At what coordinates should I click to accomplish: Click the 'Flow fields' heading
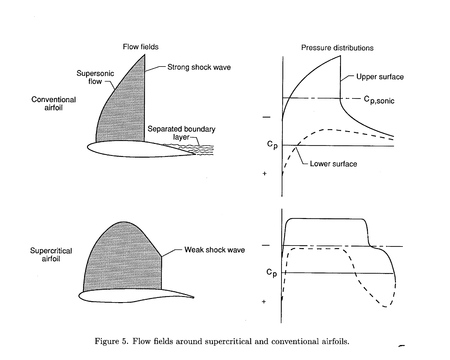(x=140, y=47)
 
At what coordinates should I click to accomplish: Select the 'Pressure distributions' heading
(x=337, y=48)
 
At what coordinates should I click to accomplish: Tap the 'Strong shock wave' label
(x=199, y=67)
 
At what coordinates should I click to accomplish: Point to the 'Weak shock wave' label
(x=214, y=250)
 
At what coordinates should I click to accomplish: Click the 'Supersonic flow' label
(x=95, y=77)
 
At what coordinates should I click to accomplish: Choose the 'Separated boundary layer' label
(x=181, y=133)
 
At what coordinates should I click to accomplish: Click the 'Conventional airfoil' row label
(x=53, y=104)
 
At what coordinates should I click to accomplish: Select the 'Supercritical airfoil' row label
(x=51, y=255)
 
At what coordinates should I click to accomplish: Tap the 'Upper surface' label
(x=380, y=77)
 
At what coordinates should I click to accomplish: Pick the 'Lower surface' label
(x=333, y=164)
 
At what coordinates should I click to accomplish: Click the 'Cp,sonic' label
(x=379, y=100)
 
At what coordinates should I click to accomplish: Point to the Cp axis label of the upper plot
(x=272, y=145)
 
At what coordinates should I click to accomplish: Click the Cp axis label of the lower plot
(x=272, y=273)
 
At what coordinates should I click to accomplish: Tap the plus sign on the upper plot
(x=264, y=174)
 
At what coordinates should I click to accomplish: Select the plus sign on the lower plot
(x=264, y=301)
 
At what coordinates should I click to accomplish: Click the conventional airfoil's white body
(x=134, y=149)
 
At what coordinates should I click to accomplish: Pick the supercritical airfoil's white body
(x=128, y=296)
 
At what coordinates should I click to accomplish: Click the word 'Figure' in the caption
(x=107, y=341)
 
